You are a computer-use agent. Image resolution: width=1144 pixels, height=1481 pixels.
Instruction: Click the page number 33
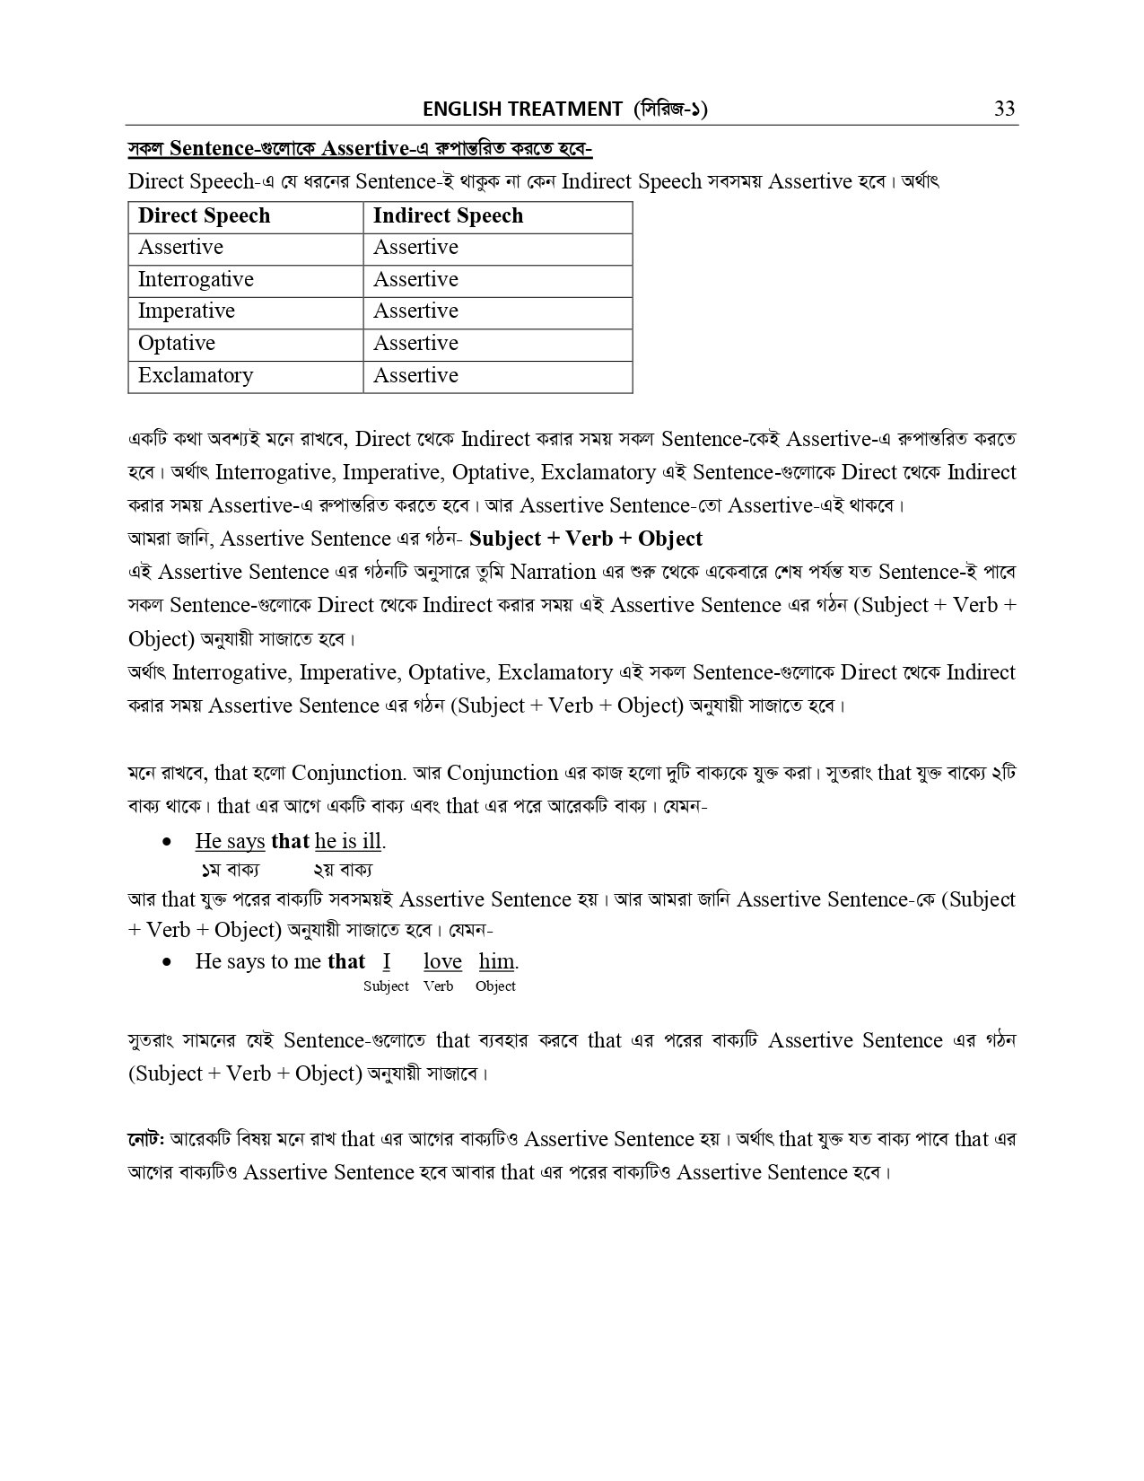point(1004,109)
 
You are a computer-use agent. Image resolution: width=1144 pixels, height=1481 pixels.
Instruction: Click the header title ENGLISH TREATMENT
point(522,109)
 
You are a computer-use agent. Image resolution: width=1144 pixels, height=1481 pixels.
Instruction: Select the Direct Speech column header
point(204,216)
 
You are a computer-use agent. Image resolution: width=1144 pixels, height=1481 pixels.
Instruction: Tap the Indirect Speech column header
point(448,216)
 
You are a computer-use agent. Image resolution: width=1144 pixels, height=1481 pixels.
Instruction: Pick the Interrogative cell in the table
point(196,280)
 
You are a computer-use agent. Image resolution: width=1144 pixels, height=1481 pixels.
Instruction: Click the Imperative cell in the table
point(186,311)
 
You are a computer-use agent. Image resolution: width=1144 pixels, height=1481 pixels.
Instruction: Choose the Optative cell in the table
point(177,344)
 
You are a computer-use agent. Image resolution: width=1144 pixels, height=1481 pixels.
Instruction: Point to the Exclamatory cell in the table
point(196,376)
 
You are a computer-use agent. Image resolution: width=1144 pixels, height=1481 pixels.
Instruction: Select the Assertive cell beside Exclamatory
point(415,376)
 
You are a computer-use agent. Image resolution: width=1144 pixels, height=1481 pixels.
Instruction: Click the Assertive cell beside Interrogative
point(415,280)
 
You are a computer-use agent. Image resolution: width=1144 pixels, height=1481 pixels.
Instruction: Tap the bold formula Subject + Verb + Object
point(586,539)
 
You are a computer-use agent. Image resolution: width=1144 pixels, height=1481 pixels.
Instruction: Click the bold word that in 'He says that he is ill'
point(290,842)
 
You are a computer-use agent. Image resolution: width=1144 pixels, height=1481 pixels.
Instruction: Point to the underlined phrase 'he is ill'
point(348,842)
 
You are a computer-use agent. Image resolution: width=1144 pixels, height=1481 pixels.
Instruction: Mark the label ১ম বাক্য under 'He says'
point(230,870)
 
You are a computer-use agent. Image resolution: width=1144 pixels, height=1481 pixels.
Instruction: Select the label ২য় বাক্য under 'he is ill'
point(343,870)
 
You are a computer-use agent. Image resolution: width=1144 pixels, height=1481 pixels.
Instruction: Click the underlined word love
point(442,962)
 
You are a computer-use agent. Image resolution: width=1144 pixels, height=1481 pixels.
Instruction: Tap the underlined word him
point(496,962)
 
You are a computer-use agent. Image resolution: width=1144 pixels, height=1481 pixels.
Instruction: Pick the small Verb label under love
point(439,986)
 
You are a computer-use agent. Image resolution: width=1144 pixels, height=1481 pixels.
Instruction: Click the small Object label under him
point(495,986)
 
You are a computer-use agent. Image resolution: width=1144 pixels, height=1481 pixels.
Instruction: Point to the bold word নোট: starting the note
point(144,1140)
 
